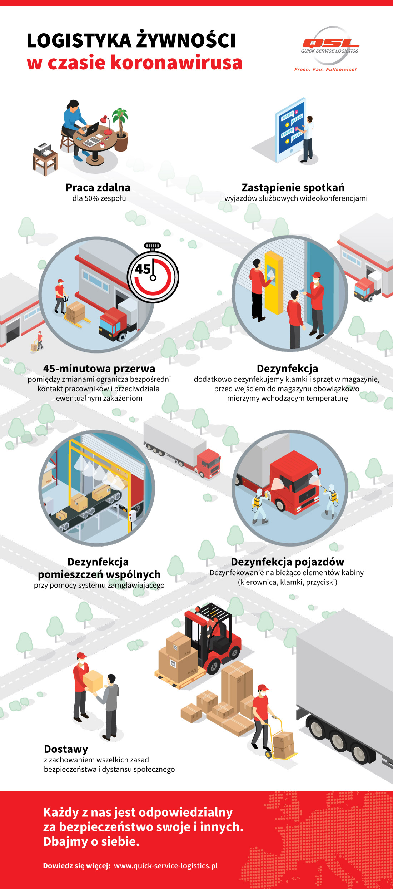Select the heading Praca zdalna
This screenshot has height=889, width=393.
click(x=98, y=187)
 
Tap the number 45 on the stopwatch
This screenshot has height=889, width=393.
click(x=143, y=269)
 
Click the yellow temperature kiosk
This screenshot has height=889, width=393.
click(x=274, y=282)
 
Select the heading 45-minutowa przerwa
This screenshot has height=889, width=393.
click(x=99, y=368)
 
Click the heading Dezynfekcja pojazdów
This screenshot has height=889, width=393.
click(x=287, y=562)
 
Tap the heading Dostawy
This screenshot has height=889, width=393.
click(x=66, y=749)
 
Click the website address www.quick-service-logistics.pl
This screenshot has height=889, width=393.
click(x=166, y=865)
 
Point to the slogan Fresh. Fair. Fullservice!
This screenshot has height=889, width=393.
click(x=325, y=69)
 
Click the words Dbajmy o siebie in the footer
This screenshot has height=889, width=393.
click(x=91, y=841)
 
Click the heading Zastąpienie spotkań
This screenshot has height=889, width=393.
click(x=293, y=187)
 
